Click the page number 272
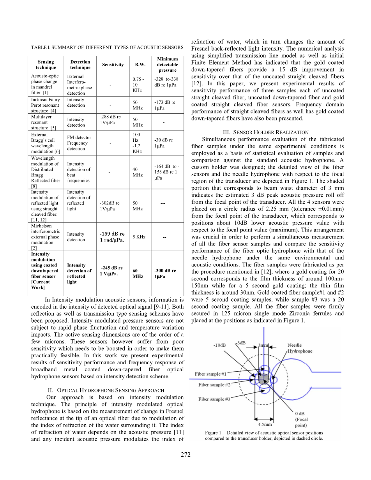185,454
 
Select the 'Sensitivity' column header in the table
113,65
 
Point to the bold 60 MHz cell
138,273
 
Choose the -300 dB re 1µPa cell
165,273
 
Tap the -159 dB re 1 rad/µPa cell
112,236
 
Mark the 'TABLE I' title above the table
107,48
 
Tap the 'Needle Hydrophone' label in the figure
300,348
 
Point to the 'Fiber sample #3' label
214,399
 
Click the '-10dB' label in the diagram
219,345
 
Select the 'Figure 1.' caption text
264,436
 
